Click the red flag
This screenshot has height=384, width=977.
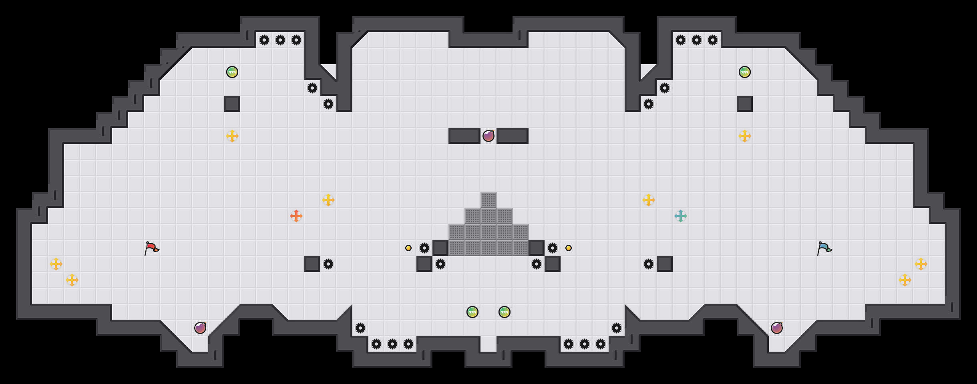click(151, 248)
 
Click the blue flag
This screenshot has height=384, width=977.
click(824, 248)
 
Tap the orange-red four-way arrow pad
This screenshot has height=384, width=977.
click(296, 216)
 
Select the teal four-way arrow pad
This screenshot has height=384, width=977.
click(681, 216)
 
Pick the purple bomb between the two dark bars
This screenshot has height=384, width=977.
click(488, 136)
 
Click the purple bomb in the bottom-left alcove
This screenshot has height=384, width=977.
click(200, 328)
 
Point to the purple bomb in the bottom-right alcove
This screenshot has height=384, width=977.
click(777, 328)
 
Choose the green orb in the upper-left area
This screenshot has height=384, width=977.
click(232, 72)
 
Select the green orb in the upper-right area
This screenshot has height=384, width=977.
click(745, 72)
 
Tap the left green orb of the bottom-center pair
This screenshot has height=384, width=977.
click(472, 312)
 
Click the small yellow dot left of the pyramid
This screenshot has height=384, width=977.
click(408, 248)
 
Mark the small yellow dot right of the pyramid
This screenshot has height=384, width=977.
click(569, 248)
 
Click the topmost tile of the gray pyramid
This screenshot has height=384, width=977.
click(488, 200)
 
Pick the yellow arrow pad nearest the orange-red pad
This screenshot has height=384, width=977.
click(328, 200)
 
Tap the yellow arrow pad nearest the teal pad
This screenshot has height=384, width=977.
click(649, 200)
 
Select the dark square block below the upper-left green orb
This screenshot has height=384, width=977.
click(232, 104)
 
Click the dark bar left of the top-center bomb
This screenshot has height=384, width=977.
click(464, 136)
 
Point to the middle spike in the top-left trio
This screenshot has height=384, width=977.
click(280, 40)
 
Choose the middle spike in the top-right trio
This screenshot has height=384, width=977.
click(697, 40)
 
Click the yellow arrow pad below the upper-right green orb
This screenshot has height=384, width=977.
click(745, 136)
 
